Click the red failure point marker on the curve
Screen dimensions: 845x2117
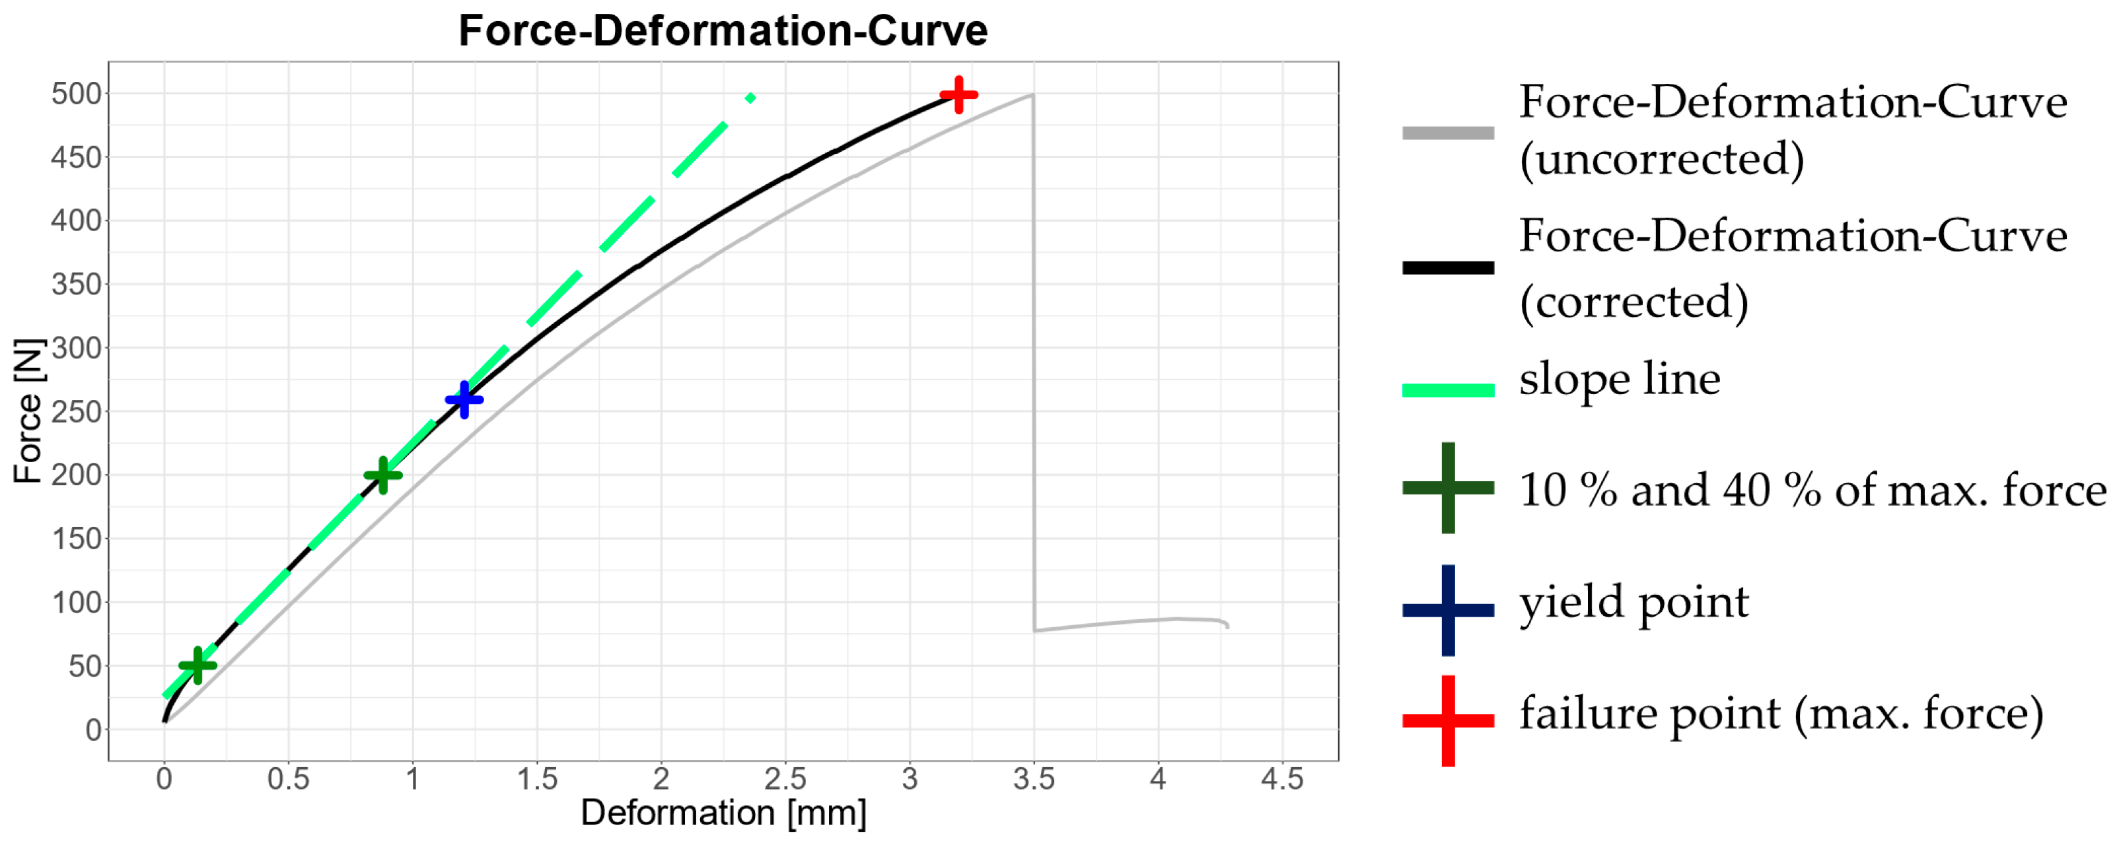click(958, 94)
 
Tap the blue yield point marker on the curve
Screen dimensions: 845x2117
click(464, 400)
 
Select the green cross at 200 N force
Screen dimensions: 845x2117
click(383, 475)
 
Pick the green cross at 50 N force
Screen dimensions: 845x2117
click(197, 665)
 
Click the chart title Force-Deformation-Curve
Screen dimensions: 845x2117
click(723, 31)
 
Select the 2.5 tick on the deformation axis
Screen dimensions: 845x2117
click(785, 778)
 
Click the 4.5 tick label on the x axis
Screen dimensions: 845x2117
click(1281, 778)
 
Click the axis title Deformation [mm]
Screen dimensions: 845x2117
click(723, 813)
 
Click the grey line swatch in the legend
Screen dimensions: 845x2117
click(1447, 132)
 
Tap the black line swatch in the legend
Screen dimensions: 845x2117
click(1447, 267)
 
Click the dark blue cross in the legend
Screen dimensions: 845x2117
click(1447, 610)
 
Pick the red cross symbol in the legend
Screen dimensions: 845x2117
click(1447, 721)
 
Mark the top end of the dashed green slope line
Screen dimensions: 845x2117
click(750, 98)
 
